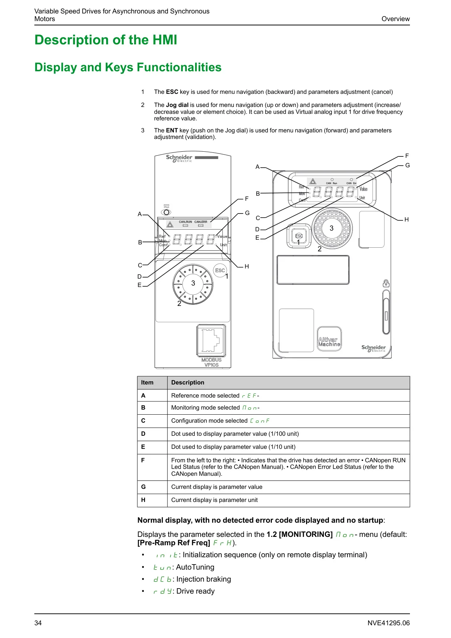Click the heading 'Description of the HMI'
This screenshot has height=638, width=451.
[106, 40]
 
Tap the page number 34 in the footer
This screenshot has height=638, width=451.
[38, 623]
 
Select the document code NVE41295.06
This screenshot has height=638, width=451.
[388, 623]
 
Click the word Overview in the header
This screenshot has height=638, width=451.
[395, 19]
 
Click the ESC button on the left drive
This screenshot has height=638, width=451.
[220, 271]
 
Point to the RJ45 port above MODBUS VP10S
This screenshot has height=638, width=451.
[211, 340]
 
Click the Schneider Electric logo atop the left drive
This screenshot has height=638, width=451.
[179, 158]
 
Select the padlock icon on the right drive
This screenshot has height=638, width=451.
[386, 283]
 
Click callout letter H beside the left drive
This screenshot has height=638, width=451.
[247, 267]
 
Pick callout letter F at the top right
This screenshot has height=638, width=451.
[407, 156]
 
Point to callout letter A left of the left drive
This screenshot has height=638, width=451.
[140, 214]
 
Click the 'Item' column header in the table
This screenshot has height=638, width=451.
[147, 383]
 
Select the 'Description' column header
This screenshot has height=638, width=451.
[188, 383]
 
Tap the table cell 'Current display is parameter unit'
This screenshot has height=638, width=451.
[214, 500]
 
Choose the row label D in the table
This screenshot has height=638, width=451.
[143, 434]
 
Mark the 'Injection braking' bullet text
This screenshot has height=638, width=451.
[204, 579]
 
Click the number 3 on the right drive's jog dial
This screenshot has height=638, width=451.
[331, 228]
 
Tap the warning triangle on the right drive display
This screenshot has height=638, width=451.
[313, 182]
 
